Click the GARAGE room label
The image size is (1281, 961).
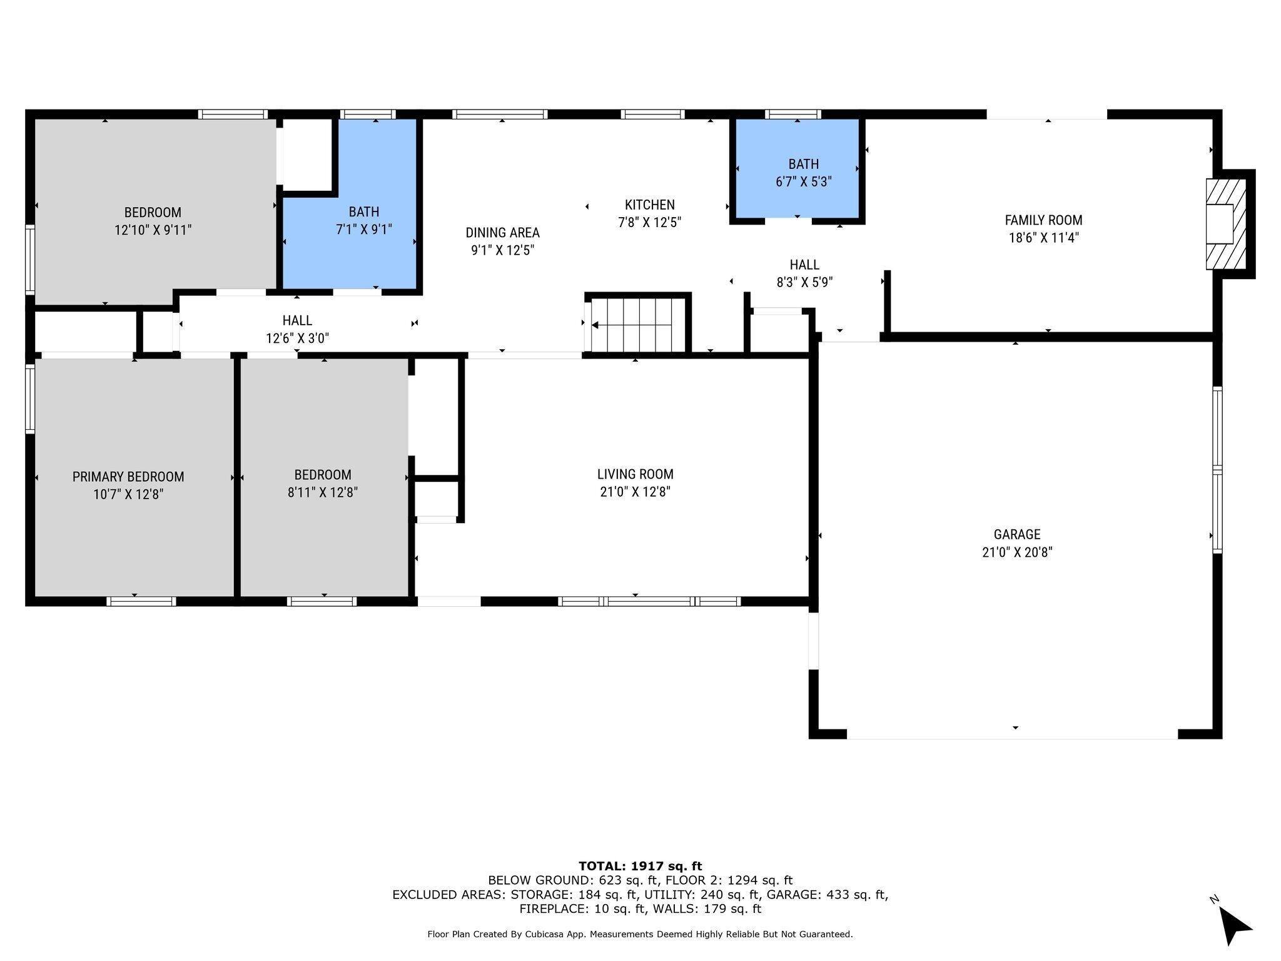1017,534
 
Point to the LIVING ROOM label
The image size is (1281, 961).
635,474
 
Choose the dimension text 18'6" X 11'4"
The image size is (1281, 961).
1043,238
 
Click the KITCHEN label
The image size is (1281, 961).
649,205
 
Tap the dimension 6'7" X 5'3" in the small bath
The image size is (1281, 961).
803,181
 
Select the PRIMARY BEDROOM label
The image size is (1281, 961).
128,477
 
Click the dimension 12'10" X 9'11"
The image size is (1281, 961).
153,230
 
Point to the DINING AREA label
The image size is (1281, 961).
502,233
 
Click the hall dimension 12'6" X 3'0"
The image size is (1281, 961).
297,338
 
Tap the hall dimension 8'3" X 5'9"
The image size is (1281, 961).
804,282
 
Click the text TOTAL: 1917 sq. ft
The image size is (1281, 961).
640,866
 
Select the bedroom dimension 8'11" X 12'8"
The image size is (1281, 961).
323,492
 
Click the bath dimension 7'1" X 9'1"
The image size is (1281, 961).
363,229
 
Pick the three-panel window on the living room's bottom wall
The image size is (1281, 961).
649,601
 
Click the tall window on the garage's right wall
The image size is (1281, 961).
1217,469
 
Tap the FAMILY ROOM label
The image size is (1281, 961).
1043,220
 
